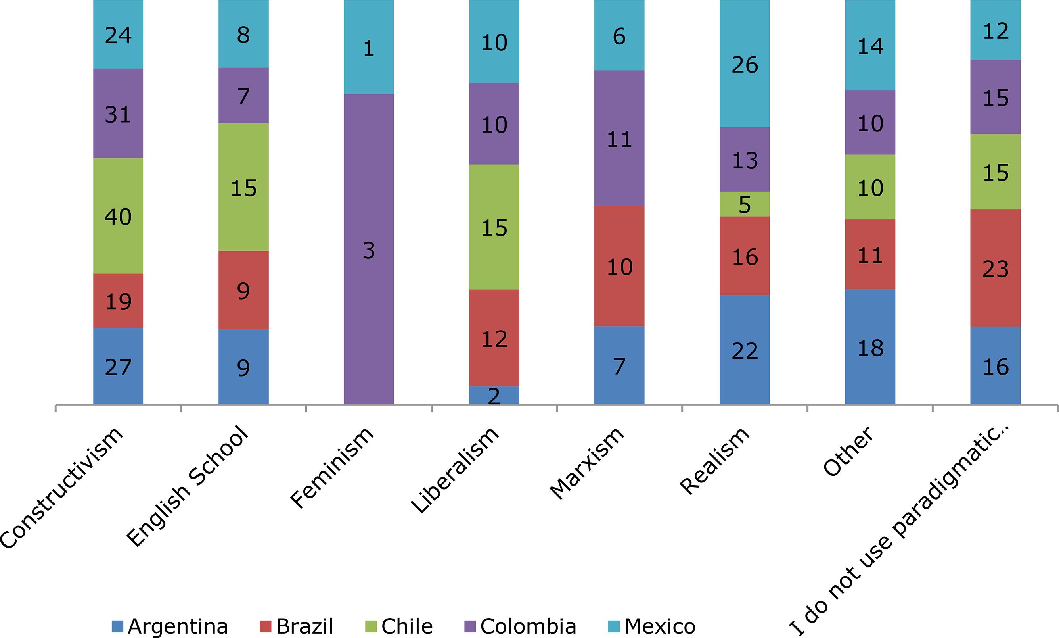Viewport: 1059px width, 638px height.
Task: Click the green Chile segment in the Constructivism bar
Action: click(x=118, y=216)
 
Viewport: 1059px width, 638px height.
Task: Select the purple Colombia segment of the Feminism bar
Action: click(x=369, y=249)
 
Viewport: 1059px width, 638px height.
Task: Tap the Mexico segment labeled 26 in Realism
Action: click(x=745, y=65)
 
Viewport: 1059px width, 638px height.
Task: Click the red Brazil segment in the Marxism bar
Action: click(x=619, y=266)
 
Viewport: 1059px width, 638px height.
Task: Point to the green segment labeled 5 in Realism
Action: click(x=745, y=204)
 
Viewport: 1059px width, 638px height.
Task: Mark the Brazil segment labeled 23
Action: click(x=995, y=268)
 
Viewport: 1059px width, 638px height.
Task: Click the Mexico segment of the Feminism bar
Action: click(x=369, y=47)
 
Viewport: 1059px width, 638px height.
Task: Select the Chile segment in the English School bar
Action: click(x=243, y=187)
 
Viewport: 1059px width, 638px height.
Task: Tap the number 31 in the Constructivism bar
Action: click(x=118, y=114)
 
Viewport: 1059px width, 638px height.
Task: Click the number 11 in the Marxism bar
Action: click(x=619, y=138)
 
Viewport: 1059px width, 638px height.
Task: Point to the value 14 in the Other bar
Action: click(x=870, y=46)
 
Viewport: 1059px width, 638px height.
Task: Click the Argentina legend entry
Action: click(x=170, y=626)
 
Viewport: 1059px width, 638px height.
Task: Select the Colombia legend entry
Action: click(x=521, y=626)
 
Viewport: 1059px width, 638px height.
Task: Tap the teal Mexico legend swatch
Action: click(x=615, y=626)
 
